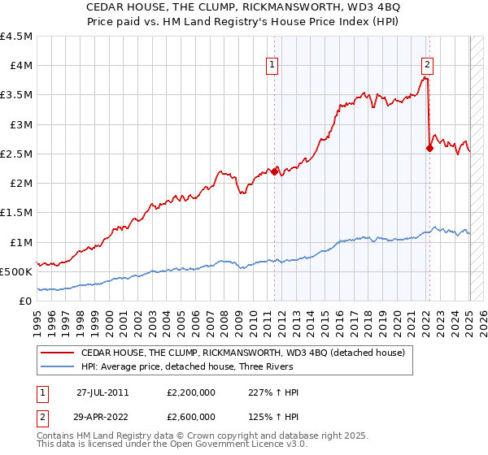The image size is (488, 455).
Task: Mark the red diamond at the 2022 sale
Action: pyautogui.click(x=429, y=148)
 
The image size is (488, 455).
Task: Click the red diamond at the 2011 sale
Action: pyautogui.click(x=275, y=171)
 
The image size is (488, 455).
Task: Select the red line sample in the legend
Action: pyautogui.click(x=58, y=353)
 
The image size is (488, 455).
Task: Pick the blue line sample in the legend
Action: pyautogui.click(x=58, y=367)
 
